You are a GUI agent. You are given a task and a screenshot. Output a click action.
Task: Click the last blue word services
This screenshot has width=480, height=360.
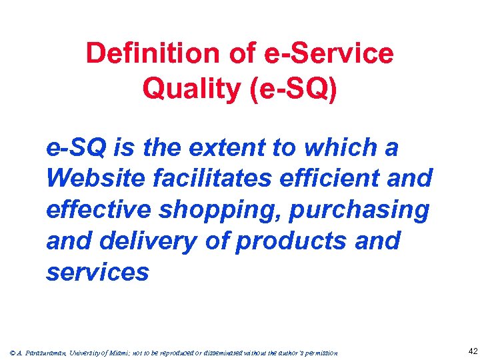click(x=97, y=271)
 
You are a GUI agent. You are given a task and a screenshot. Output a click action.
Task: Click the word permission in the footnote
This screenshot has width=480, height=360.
click(x=320, y=352)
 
